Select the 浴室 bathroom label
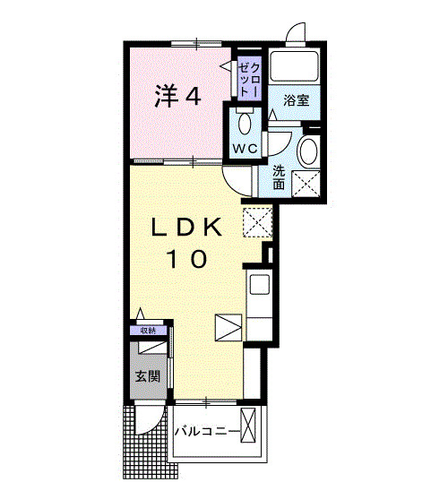pos(297,99)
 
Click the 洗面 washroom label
pos(279,177)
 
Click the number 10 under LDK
pos(185,260)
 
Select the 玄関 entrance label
pos(148,376)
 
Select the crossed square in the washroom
pos(307,184)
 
